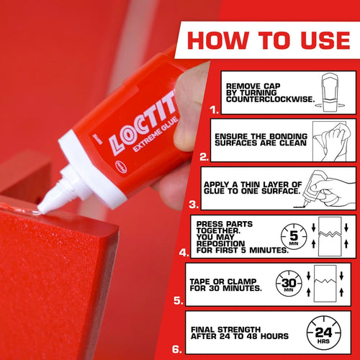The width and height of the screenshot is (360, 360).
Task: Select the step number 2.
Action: point(204,155)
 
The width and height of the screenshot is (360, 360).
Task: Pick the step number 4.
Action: point(185,253)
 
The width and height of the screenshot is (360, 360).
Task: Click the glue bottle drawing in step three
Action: point(331,188)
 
